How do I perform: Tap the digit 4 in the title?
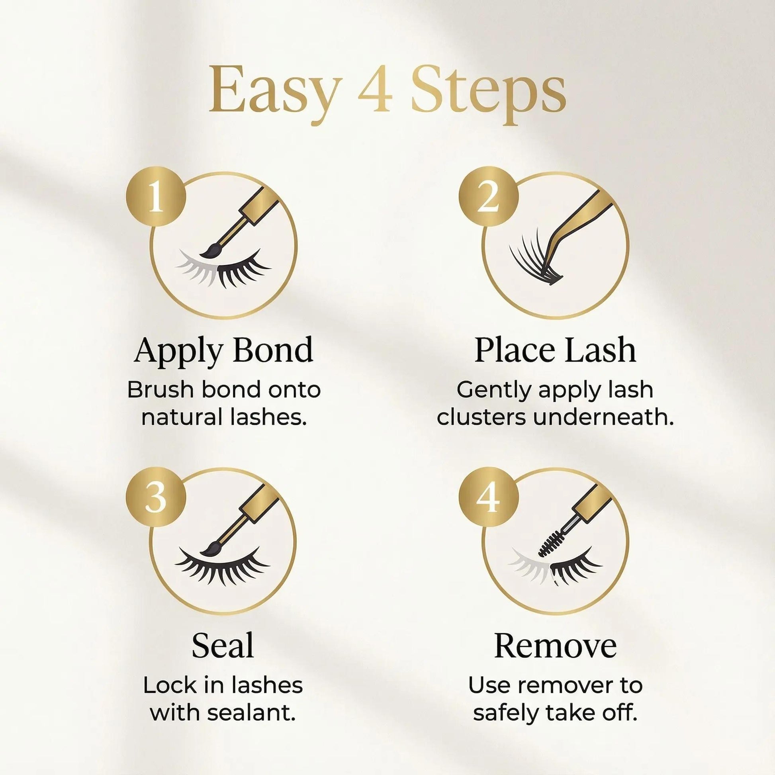click(375, 90)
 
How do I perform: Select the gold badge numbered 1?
click(156, 198)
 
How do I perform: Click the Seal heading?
click(223, 646)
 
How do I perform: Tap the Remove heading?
click(556, 646)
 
